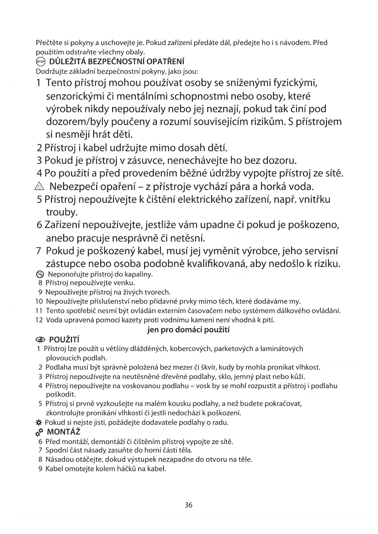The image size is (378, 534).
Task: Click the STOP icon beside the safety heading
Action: click(41, 62)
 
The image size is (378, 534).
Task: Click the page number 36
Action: click(189, 505)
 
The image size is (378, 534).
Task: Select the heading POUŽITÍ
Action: click(64, 339)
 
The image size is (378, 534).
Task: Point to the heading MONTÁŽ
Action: click(64, 432)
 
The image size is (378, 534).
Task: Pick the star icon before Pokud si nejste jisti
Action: click(39, 423)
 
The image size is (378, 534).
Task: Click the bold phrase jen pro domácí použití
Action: click(188, 330)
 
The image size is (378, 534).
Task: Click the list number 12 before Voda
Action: click(39, 320)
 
